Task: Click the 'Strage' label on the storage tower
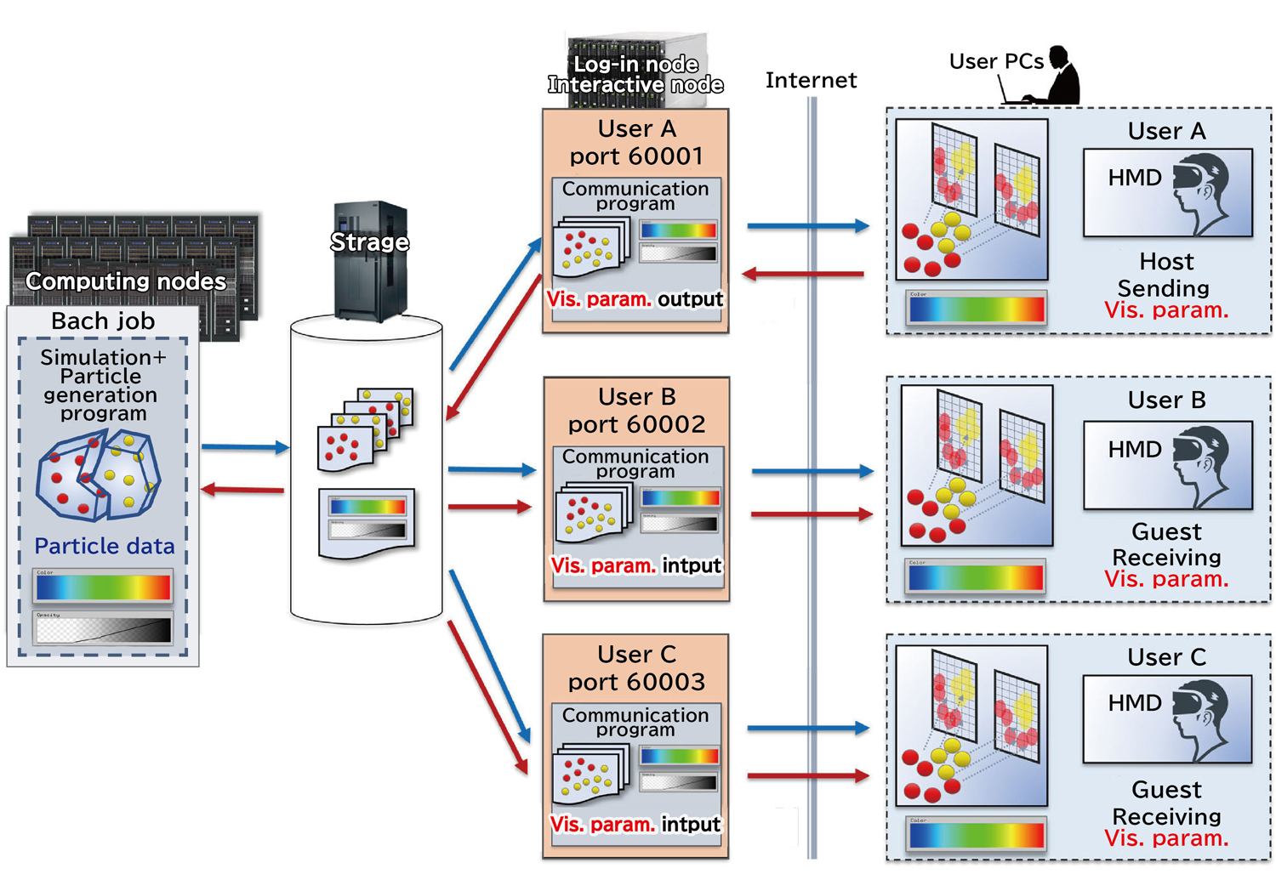(x=369, y=242)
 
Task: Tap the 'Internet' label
(x=811, y=81)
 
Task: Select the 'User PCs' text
(x=995, y=61)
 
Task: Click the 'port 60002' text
(x=636, y=424)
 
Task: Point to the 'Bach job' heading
(x=103, y=321)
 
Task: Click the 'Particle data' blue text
(x=105, y=546)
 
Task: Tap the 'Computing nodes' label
(x=126, y=281)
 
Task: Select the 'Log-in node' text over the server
(x=635, y=65)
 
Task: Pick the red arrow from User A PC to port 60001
(x=803, y=274)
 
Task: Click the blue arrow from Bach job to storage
(x=245, y=446)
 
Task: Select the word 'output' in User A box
(x=690, y=299)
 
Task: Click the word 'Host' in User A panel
(x=1166, y=261)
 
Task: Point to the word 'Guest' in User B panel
(x=1166, y=531)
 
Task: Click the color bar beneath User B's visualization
(x=975, y=577)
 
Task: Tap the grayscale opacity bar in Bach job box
(x=103, y=629)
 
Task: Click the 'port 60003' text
(x=636, y=682)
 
